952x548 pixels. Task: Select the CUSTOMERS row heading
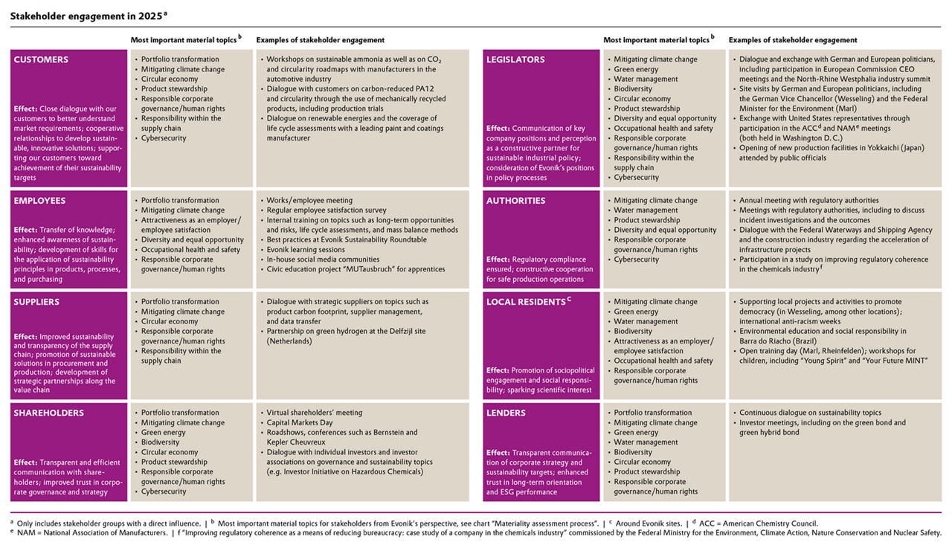[41, 59]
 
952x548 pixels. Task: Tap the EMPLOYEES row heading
[39, 201]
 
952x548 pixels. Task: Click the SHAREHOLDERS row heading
[48, 413]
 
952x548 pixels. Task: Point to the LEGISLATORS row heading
[515, 59]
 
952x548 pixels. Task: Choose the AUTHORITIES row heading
[515, 201]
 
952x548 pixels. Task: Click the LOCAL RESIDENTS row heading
[526, 303]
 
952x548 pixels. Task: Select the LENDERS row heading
[506, 413]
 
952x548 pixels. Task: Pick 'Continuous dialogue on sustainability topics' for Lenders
[811, 413]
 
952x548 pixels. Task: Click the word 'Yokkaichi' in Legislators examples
[872, 148]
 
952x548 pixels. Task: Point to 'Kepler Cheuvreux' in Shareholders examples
[297, 442]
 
